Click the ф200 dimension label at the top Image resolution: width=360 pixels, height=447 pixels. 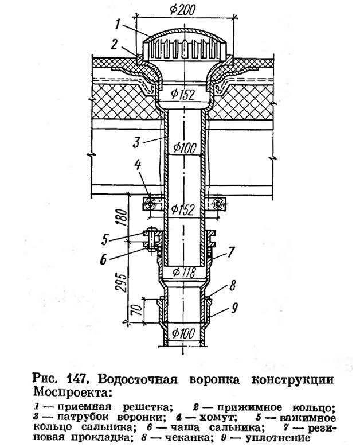(x=182, y=10)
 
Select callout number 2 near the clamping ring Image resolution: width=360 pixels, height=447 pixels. (x=115, y=44)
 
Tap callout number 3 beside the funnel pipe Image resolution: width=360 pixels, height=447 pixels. (x=136, y=142)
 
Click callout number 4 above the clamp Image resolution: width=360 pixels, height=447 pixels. (x=138, y=165)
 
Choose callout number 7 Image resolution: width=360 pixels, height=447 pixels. (x=230, y=252)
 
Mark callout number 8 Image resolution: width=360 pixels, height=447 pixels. (x=232, y=285)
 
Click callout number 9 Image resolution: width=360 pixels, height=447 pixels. (x=234, y=308)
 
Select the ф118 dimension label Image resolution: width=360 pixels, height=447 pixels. (x=184, y=272)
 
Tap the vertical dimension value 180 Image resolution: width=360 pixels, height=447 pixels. (x=122, y=218)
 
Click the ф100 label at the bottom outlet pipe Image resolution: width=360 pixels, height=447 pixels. (x=184, y=333)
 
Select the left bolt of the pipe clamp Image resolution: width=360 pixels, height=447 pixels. (x=150, y=204)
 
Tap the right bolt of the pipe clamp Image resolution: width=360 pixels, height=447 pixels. (x=218, y=204)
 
